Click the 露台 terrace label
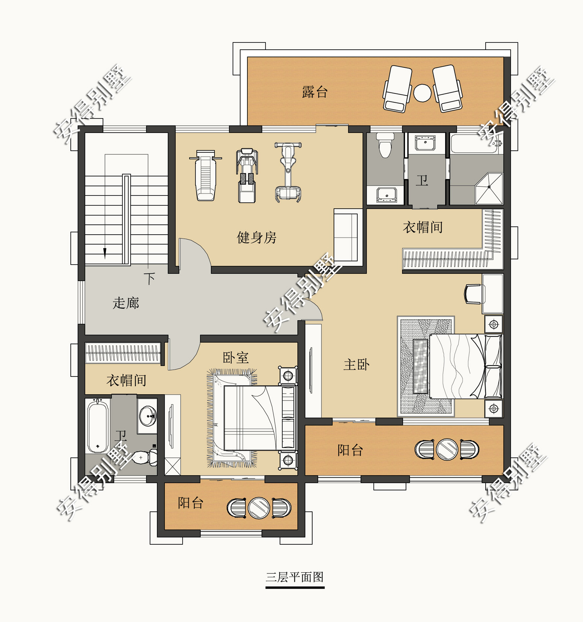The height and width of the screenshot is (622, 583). (x=315, y=92)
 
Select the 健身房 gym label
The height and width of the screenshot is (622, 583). (x=256, y=238)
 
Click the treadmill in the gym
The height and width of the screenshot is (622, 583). (x=247, y=175)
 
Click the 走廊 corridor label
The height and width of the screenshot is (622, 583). (x=126, y=303)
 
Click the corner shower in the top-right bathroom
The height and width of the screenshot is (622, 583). (x=489, y=188)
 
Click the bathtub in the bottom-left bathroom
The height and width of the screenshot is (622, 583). (x=98, y=427)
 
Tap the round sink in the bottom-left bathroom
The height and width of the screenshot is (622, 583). (x=148, y=416)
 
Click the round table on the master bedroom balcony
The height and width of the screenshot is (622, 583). (x=447, y=450)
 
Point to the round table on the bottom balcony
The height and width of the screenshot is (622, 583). (x=259, y=508)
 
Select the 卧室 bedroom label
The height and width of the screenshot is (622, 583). (x=236, y=357)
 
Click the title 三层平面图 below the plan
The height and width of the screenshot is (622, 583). (x=295, y=577)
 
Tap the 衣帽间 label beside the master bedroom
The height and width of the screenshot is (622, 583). (x=422, y=227)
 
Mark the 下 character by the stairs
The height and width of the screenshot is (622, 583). (x=149, y=278)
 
